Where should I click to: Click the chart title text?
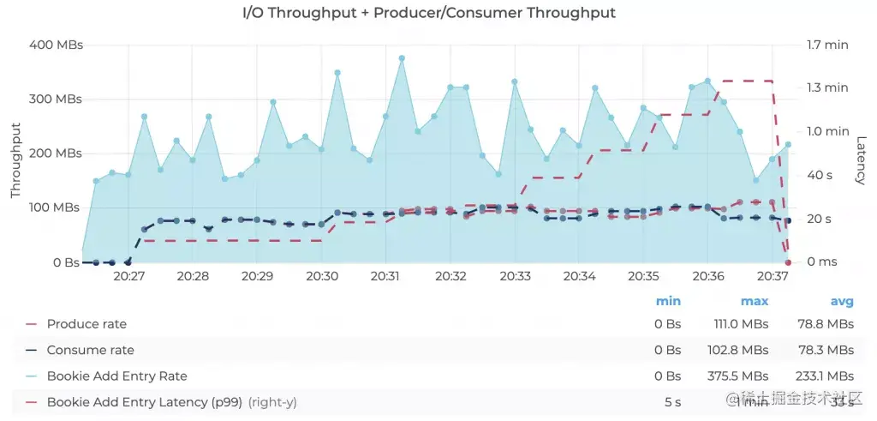point(429,13)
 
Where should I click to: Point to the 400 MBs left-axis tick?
point(56,45)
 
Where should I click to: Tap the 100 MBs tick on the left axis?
point(56,207)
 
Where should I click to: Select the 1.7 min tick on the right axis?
point(827,45)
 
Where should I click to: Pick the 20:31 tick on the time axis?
point(386,277)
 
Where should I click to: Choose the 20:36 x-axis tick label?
point(707,277)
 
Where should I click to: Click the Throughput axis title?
point(15,160)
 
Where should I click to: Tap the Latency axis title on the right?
point(861,159)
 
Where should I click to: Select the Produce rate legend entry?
point(87,324)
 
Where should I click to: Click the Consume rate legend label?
point(90,350)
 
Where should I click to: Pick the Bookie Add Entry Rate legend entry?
point(116,376)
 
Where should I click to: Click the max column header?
point(754,301)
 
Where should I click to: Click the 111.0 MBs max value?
point(741,324)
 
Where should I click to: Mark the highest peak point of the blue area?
point(402,58)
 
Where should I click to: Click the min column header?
point(668,301)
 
